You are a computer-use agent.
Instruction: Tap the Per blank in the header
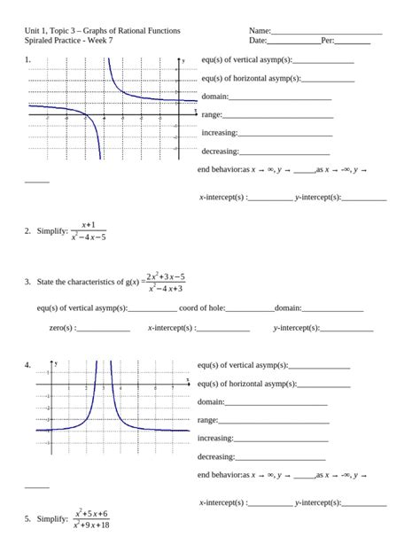point(353,42)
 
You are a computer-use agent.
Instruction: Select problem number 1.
point(27,59)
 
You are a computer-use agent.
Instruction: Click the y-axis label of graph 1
point(183,61)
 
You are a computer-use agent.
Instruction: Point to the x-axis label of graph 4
point(188,379)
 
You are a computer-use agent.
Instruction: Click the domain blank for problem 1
point(280,98)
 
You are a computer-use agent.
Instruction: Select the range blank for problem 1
point(278,116)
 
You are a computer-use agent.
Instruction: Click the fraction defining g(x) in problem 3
point(166,282)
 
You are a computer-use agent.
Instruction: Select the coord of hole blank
point(250,310)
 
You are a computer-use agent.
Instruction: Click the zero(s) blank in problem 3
point(104,330)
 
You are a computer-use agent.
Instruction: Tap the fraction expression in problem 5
point(91,519)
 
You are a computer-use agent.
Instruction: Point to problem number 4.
point(27,364)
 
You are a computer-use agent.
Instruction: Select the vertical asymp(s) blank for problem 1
point(323,62)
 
